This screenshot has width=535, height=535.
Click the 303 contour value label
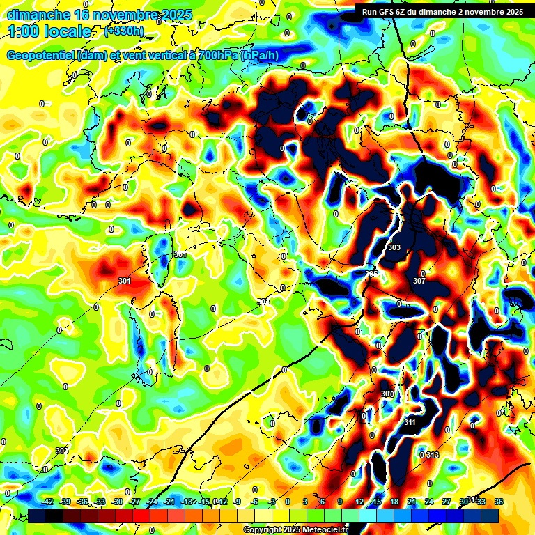click(x=394, y=247)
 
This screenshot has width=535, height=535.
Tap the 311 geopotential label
click(x=410, y=422)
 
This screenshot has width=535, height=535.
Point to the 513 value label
click(x=433, y=455)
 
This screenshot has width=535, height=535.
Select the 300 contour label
click(x=388, y=394)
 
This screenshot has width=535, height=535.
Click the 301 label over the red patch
click(x=125, y=281)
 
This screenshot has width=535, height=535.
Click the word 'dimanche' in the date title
click(x=37, y=14)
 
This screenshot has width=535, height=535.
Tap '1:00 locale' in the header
click(x=49, y=31)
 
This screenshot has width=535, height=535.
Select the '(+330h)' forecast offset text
click(x=124, y=31)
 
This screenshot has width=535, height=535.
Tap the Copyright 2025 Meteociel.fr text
click(x=295, y=529)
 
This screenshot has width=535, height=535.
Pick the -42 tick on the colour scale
click(x=48, y=502)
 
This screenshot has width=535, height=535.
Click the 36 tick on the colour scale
click(x=499, y=502)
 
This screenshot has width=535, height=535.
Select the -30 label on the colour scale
click(x=117, y=502)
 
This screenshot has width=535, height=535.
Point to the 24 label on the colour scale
click(x=429, y=502)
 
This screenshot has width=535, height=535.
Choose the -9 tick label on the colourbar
click(x=237, y=502)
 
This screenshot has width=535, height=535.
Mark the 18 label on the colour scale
click(x=394, y=502)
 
